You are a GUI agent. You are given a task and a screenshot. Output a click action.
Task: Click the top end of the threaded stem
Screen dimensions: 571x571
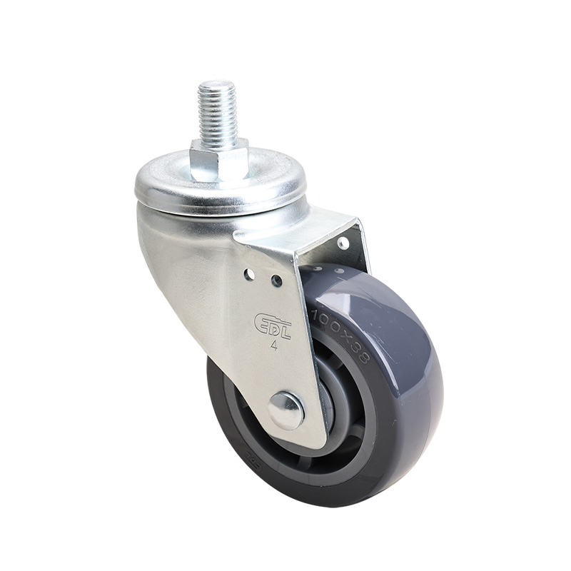217,85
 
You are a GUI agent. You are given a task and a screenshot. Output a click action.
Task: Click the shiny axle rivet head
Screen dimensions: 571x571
285,410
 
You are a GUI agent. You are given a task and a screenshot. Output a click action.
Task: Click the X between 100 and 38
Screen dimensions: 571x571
347,333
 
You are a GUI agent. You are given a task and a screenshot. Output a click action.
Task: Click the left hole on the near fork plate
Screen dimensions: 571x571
248,274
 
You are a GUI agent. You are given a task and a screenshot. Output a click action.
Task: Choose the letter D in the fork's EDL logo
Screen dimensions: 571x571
273,323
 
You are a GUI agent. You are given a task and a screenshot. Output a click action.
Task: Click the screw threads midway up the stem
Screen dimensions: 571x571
216,114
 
